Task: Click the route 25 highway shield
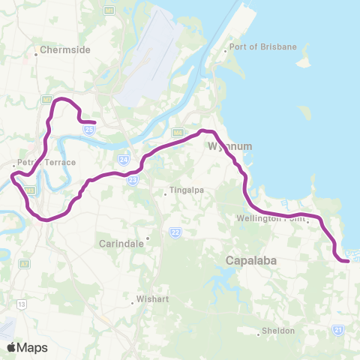coord(89,130)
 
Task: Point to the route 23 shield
coord(133,180)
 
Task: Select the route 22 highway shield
coord(175,232)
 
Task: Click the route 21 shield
coord(339,329)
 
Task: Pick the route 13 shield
coord(22,304)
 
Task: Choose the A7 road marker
coord(24,264)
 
